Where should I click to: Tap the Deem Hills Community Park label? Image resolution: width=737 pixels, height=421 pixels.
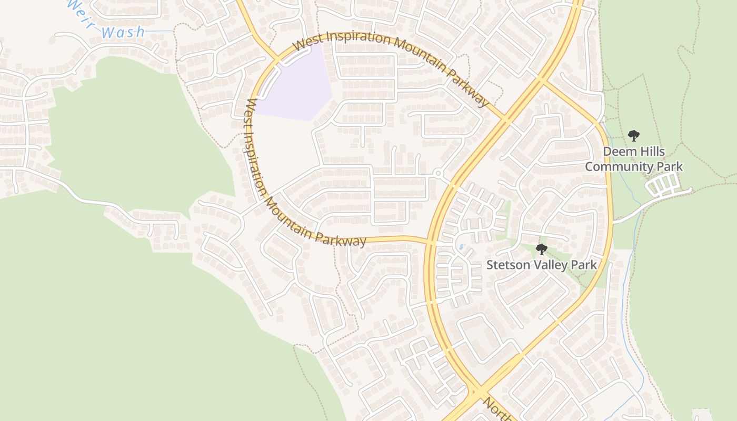(x=634, y=159)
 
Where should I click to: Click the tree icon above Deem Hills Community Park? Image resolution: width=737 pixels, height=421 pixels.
(x=634, y=136)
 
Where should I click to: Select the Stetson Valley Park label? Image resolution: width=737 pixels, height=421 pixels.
(x=541, y=265)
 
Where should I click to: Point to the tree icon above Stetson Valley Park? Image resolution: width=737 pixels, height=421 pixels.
(x=541, y=249)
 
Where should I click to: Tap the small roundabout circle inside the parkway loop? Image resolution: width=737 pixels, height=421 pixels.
(x=438, y=173)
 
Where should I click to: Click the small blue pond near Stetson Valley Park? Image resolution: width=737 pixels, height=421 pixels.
(x=462, y=247)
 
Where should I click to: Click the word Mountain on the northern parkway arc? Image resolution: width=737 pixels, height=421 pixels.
(x=416, y=53)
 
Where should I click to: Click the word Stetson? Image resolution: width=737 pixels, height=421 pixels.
(x=507, y=265)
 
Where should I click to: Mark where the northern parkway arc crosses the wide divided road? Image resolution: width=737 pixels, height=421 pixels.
(x=504, y=119)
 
